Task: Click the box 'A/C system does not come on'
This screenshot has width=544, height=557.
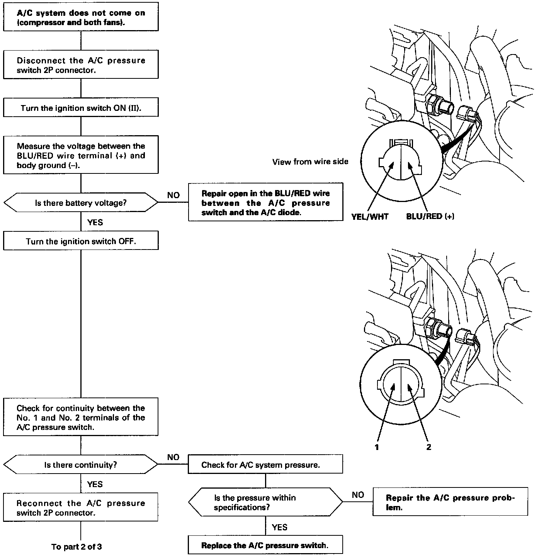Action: [x=81, y=17]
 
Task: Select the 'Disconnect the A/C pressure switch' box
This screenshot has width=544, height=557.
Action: [x=81, y=65]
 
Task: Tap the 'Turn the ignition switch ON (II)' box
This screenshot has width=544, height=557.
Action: [x=81, y=108]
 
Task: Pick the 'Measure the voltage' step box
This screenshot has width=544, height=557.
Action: [x=81, y=155]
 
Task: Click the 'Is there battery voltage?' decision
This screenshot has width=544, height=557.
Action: [x=81, y=202]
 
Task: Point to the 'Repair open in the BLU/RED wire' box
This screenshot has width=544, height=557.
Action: [x=265, y=202]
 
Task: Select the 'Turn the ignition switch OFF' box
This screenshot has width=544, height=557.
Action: [x=81, y=241]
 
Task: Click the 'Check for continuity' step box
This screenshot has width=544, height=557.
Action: [x=81, y=417]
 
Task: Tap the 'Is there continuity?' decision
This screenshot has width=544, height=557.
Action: [x=81, y=465]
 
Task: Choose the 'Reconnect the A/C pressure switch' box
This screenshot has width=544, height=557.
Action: [x=81, y=508]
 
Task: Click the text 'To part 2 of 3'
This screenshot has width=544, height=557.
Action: [x=76, y=547]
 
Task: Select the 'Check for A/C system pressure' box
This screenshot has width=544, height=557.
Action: [x=265, y=465]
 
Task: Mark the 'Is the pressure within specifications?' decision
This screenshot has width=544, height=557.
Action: [x=265, y=502]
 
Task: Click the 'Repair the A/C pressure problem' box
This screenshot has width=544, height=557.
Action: [x=450, y=502]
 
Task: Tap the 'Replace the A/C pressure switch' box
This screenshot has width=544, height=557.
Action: [x=265, y=545]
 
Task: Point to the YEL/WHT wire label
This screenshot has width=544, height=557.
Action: [x=370, y=216]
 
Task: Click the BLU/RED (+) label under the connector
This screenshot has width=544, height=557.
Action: [x=430, y=216]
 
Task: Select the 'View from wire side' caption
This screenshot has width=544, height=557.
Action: [x=310, y=161]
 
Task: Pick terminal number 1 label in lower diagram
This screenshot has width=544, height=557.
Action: [x=377, y=447]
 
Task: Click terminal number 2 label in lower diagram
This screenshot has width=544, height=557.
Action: [x=428, y=447]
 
